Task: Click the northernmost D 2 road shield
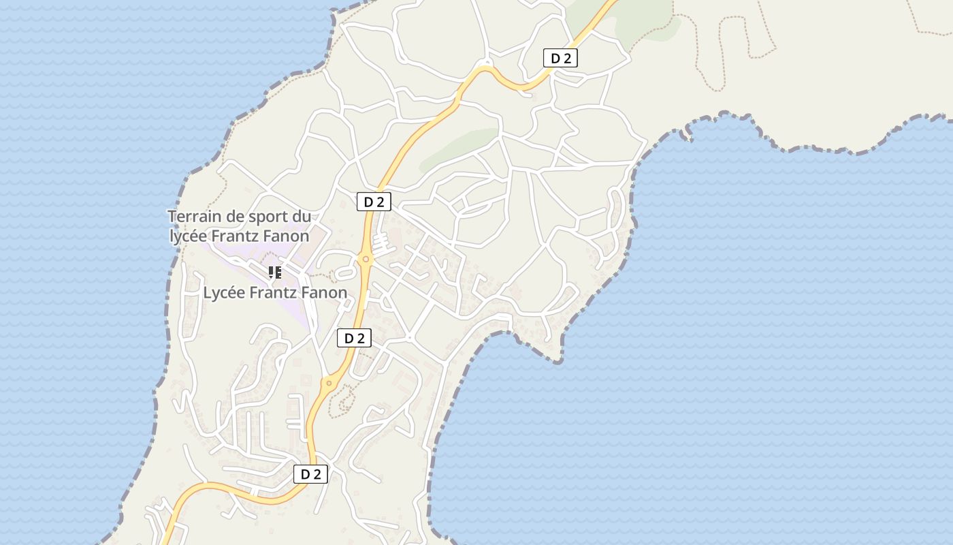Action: coord(560,59)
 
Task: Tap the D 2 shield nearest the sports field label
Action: coord(374,202)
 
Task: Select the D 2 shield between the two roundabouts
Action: coord(354,338)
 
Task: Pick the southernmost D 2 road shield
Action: coord(310,474)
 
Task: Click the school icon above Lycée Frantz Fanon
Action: coord(274,273)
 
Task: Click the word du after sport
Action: coord(303,217)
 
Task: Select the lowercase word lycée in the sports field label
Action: coord(189,236)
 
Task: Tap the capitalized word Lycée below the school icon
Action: coord(225,293)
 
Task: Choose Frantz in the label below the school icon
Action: coord(273,293)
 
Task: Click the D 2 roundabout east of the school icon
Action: coord(366,259)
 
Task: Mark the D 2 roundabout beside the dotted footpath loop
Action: coord(329,383)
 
